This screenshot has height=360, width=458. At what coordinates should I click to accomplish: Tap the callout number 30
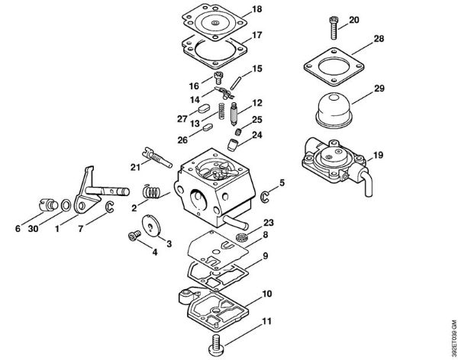33,228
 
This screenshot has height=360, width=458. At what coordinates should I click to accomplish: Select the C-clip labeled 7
108,207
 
